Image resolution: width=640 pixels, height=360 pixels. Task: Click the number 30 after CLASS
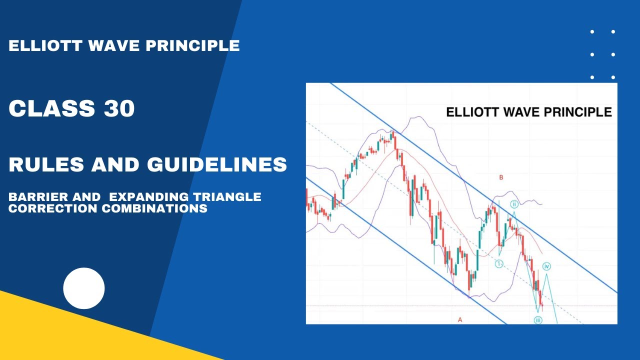tap(119, 108)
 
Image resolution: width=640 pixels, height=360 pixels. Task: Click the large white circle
tap(84, 288)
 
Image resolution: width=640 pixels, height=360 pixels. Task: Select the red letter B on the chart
tap(501, 177)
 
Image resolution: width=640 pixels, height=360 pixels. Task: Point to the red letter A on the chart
tap(460, 319)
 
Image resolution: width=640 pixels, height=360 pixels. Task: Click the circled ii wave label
tap(514, 204)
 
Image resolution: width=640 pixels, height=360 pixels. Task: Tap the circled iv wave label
tap(547, 266)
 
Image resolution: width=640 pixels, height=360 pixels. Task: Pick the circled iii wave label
tap(538, 320)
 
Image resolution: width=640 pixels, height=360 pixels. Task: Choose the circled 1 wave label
tap(499, 263)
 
